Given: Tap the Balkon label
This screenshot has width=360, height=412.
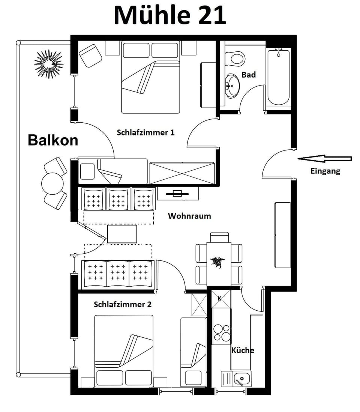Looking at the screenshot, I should point(53,140).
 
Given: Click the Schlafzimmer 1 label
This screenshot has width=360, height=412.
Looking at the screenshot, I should point(145,132).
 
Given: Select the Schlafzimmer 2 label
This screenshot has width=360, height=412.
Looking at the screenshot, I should point(123,304).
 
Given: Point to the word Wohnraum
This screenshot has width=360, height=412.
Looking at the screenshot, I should point(189,216).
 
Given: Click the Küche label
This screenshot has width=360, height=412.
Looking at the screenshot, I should point(243,350).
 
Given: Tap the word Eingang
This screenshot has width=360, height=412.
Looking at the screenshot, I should point(325,171).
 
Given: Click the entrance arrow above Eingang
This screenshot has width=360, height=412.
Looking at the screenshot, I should point(324,159).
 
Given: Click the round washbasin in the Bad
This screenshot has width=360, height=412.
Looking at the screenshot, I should point(232,86).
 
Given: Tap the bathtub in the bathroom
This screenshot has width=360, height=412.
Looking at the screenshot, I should point(278,77).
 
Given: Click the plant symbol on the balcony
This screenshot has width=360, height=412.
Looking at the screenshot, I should point(48,64).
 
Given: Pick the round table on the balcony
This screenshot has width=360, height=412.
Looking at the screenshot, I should point(52,183).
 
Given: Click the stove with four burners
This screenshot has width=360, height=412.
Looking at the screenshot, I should point(221,332).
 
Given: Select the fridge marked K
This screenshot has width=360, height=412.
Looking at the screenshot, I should point(220,299).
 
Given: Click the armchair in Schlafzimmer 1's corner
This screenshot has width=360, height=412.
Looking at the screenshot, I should point(90,55).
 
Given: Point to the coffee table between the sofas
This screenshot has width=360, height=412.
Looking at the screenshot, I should point(122,234).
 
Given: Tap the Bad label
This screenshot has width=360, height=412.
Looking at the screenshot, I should point(249,75).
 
